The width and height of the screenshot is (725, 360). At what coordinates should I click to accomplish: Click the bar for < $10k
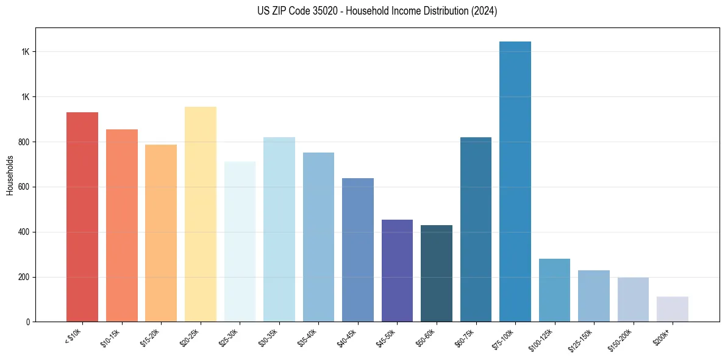82,217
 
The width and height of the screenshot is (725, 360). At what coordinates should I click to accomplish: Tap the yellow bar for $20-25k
201,214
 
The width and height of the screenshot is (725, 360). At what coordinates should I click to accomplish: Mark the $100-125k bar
554,290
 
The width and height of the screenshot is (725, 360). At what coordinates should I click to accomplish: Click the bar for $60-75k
476,229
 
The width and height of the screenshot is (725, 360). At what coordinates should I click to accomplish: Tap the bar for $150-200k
633,300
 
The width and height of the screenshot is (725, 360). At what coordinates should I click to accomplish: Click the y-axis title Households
10,175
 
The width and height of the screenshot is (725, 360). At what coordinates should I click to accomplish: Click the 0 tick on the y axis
28,322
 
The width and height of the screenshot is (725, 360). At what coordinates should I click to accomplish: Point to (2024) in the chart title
485,11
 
